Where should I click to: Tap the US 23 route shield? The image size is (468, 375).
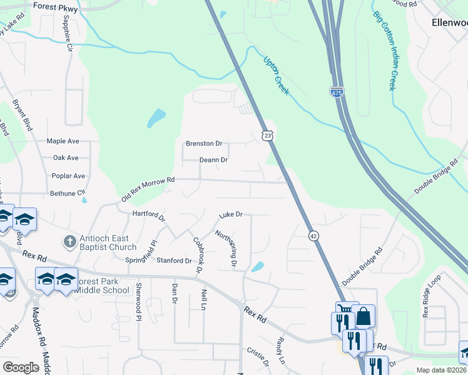(x=267, y=135)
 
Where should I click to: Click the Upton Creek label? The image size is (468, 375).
(x=276, y=76)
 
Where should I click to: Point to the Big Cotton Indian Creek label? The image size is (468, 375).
(x=385, y=50)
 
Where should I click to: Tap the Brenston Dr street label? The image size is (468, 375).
(x=204, y=144)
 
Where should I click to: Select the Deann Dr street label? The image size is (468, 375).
(x=213, y=160)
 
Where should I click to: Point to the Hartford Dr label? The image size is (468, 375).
(x=148, y=216)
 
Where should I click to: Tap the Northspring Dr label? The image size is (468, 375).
(x=225, y=249)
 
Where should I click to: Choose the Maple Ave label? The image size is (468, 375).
(x=63, y=141)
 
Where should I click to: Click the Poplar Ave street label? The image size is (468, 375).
(x=69, y=176)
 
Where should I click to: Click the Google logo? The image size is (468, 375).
(x=21, y=367)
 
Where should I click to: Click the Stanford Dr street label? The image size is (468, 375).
(x=174, y=261)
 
